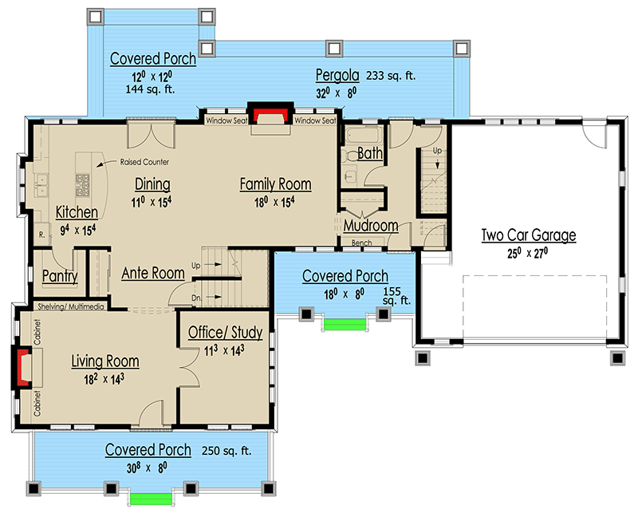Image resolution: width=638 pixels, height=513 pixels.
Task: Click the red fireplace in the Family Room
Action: [x=270, y=114]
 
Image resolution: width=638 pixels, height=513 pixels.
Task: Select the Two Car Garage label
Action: [x=528, y=235]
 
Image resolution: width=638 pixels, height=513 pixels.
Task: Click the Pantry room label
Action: [x=60, y=277]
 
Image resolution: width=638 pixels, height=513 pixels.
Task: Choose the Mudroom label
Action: [x=370, y=226]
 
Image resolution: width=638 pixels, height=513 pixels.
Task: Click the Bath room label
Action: [x=369, y=153]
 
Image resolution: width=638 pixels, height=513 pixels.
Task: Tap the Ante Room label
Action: [x=153, y=273]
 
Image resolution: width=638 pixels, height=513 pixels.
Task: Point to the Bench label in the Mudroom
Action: [x=361, y=243]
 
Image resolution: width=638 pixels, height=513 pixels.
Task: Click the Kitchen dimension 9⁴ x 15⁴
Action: [x=77, y=230]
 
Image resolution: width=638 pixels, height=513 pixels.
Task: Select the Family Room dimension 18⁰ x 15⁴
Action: [x=275, y=202]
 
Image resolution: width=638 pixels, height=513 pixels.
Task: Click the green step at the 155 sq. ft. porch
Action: [x=343, y=323]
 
